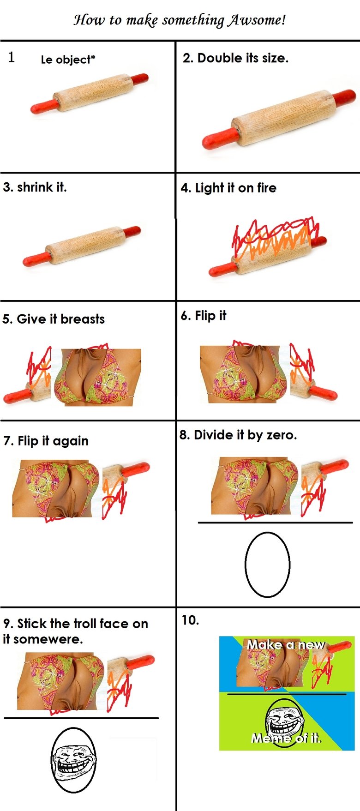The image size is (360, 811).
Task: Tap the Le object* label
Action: pos(68,60)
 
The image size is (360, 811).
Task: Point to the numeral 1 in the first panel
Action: pos(12,57)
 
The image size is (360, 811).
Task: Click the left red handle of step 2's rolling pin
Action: pos(220,138)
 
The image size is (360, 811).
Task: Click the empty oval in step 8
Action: pos(267,564)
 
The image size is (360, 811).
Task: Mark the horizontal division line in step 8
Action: pos(275,523)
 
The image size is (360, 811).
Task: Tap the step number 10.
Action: pos(190,620)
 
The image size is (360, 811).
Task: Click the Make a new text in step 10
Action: pos(286,644)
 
